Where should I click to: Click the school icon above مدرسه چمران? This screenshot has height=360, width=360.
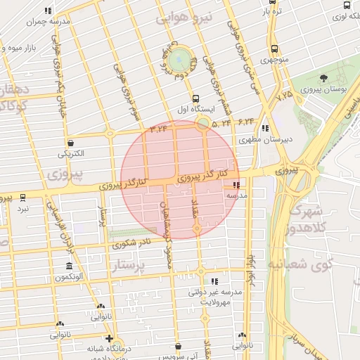(x=48, y=11)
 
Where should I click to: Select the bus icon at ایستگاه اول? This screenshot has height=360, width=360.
(x=195, y=98)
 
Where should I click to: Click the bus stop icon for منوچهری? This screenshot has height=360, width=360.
(x=274, y=49)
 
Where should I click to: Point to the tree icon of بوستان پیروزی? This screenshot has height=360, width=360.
(x=323, y=79)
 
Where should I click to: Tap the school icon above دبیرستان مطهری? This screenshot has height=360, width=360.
(x=265, y=129)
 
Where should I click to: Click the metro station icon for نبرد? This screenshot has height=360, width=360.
(x=23, y=198)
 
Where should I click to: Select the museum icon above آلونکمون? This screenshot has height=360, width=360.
(x=68, y=266)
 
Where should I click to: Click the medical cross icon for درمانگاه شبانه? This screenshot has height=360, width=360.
(x=91, y=338)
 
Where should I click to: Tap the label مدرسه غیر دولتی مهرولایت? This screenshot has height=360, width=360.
(x=214, y=296)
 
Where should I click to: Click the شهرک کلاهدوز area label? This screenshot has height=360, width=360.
(x=303, y=219)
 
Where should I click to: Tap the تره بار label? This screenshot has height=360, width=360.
(x=271, y=12)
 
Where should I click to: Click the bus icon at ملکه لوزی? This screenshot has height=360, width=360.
(x=346, y=5)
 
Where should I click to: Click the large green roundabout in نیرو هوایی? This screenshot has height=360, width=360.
(x=180, y=57)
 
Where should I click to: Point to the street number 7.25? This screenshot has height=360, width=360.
(x=284, y=94)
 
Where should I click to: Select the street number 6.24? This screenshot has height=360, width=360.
(x=245, y=122)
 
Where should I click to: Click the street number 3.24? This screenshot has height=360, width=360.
(x=160, y=128)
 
